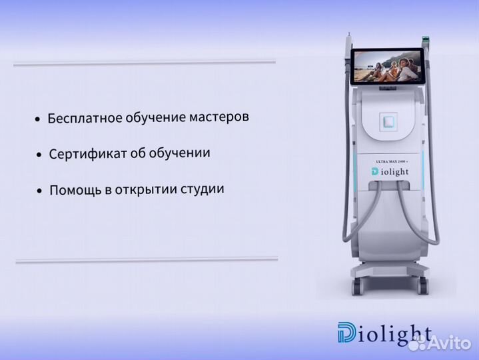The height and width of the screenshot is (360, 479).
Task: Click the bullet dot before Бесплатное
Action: point(38,120)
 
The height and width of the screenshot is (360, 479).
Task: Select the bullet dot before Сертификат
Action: point(40,155)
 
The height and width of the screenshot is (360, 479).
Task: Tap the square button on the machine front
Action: point(388,121)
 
